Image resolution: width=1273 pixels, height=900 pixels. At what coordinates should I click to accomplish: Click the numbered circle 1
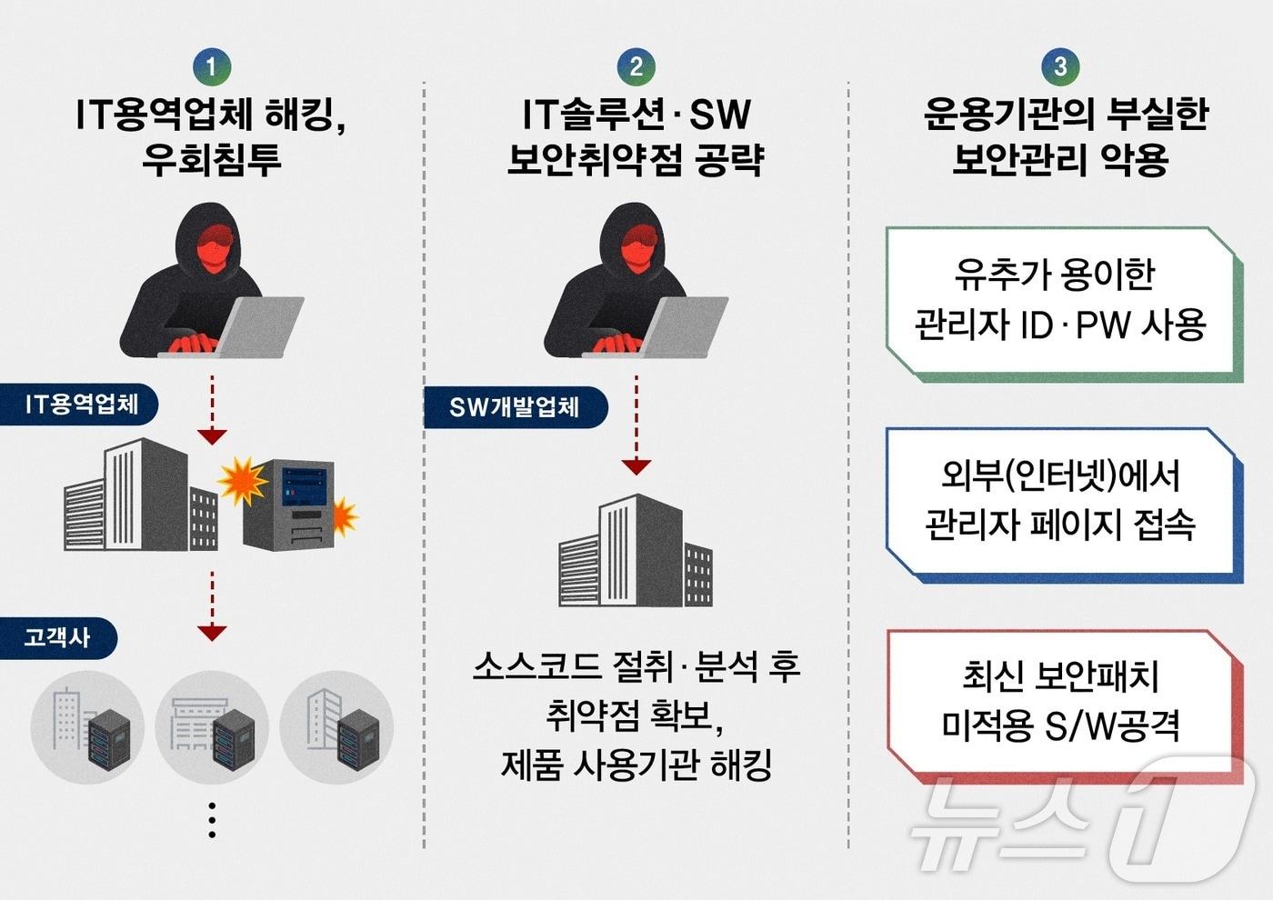click(212, 66)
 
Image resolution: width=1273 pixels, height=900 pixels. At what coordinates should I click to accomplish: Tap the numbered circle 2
click(636, 66)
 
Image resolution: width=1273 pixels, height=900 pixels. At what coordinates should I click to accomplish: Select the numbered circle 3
click(1060, 66)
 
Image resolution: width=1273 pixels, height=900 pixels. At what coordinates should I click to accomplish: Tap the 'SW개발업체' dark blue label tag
click(515, 407)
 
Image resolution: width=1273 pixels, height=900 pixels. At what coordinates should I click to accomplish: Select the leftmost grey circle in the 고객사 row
click(87, 727)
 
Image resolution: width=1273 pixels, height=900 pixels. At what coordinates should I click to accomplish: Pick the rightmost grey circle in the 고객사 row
click(337, 727)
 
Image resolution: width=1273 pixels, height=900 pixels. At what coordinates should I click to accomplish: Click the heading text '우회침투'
click(212, 159)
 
